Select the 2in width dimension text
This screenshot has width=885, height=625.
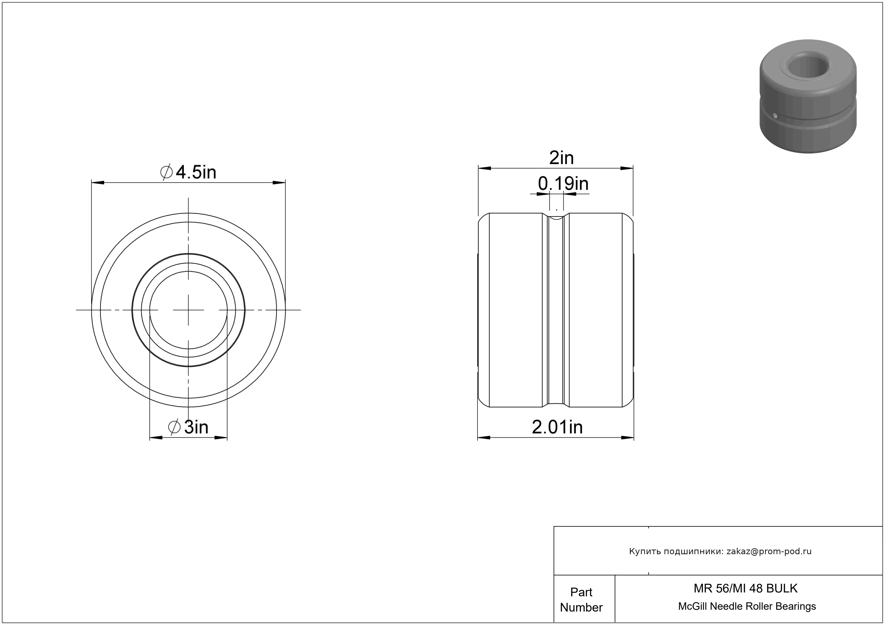[x=561, y=158]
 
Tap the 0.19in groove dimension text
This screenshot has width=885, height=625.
[x=563, y=184]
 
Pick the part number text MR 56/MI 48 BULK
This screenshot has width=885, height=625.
[x=746, y=588]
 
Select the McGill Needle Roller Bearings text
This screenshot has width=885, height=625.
[x=747, y=606]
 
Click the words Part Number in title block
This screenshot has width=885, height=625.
[x=581, y=600]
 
